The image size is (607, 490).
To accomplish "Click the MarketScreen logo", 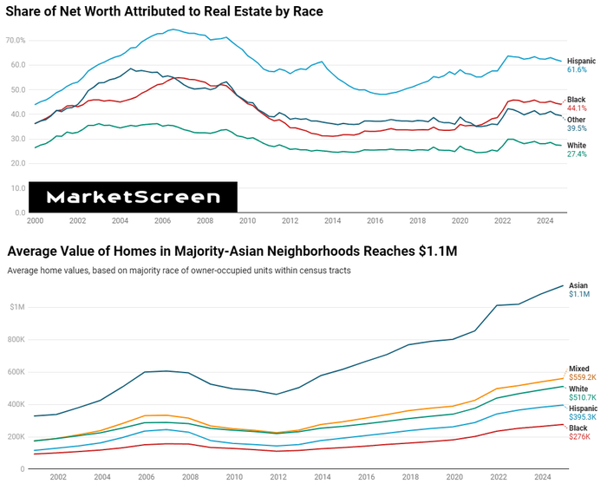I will point(133,197).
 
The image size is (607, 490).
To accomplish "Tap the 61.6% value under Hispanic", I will point(578,69).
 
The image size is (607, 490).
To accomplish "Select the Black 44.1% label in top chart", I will point(577,104).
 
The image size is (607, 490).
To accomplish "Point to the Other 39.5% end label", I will point(577,124).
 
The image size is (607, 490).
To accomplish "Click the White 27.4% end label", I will point(577,149).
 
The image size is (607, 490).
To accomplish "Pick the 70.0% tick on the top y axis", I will point(16,40).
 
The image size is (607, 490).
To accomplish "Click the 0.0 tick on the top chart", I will point(20,212).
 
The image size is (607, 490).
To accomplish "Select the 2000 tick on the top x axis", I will point(36,222).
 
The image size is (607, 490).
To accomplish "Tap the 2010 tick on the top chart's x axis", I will point(247,222).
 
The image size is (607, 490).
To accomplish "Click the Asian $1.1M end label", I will point(578,290).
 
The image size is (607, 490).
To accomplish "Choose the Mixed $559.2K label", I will point(582,373).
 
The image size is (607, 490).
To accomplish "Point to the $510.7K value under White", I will point(583,397).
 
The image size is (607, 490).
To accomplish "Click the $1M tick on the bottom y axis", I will point(17,307).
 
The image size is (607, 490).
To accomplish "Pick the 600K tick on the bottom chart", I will point(17,372).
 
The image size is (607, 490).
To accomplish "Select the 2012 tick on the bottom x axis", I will point(278,478).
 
